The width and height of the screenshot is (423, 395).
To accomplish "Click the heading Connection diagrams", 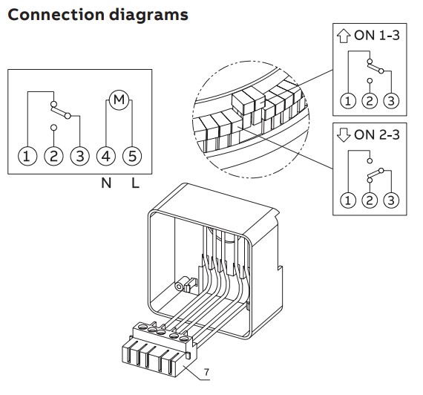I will pyautogui.click(x=97, y=15).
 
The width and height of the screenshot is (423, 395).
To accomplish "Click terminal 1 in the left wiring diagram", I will pyautogui.click(x=27, y=156).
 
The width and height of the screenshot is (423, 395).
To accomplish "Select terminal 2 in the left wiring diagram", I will pyautogui.click(x=53, y=156).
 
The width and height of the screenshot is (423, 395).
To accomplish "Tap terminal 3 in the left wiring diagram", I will pyautogui.click(x=79, y=156).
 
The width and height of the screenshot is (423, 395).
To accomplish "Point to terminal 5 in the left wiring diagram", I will pyautogui.click(x=132, y=156).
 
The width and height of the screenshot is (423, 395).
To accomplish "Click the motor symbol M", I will pyautogui.click(x=118, y=98).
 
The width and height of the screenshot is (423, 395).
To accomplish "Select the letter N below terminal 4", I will pyautogui.click(x=106, y=182).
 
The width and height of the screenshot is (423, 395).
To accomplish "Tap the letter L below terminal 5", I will pyautogui.click(x=134, y=182).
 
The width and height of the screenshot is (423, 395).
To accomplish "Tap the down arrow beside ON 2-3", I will pyautogui.click(x=342, y=134).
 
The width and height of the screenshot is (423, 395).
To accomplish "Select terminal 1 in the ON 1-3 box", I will pyautogui.click(x=346, y=100).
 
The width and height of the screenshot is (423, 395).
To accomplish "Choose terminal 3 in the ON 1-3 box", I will pyautogui.click(x=390, y=100).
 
